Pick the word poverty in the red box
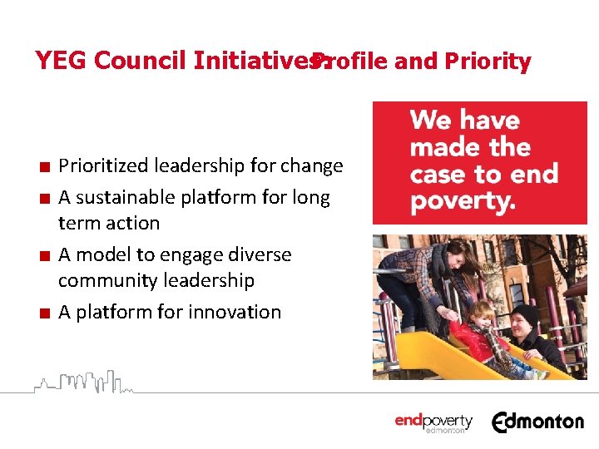pyautogui.click(x=463, y=201)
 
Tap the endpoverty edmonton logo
pyautogui.click(x=433, y=422)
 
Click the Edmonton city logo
pyautogui.click(x=537, y=422)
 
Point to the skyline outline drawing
pyautogui.click(x=83, y=381)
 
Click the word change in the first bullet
pyautogui.click(x=311, y=166)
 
